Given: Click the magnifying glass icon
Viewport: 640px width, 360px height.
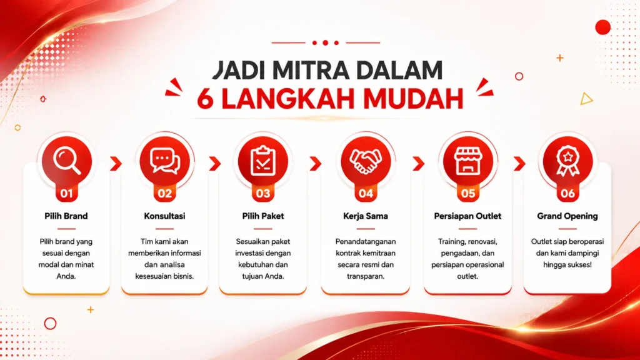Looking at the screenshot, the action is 66,161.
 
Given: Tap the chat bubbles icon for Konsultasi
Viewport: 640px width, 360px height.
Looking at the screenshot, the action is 165,161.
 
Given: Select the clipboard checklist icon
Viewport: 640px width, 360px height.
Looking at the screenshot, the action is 263,161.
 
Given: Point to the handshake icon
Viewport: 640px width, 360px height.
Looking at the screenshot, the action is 366,161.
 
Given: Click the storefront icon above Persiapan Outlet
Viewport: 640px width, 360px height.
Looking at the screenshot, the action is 467,161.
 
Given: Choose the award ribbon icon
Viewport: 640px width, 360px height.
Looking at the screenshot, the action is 567,161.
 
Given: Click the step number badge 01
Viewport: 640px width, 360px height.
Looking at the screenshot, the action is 66,193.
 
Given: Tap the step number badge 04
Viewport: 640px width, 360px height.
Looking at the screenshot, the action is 366,193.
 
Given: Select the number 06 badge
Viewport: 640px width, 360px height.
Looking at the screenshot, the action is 567,193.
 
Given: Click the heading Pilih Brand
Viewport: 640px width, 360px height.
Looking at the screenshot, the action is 66,216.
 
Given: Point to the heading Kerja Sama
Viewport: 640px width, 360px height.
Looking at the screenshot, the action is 365,216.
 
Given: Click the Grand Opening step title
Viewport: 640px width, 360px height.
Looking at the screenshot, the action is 567,216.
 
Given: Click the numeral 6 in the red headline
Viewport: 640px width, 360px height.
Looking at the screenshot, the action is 205,98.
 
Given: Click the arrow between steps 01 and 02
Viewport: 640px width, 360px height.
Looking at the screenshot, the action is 116,163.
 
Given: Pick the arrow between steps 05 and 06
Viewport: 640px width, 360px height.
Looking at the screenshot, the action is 519,163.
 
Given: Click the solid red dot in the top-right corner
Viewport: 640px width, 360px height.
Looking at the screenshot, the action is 603,27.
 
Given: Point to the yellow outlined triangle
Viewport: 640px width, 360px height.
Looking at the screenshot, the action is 586,99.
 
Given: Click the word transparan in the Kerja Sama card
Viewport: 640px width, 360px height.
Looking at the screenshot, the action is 365,276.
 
